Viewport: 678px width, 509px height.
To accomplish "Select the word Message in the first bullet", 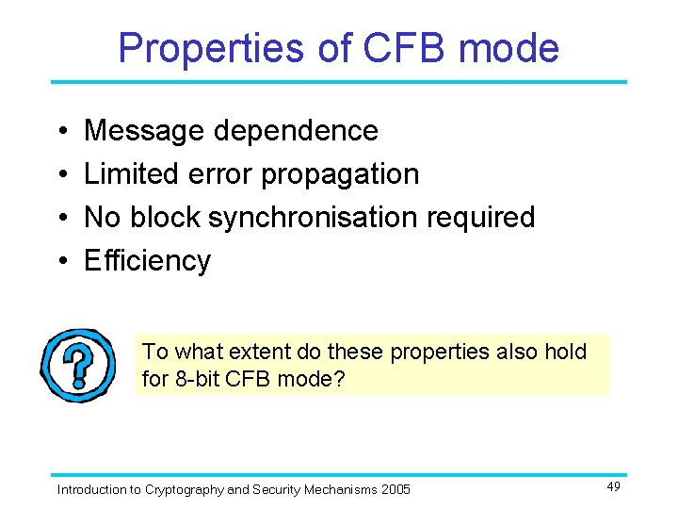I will click(x=145, y=131).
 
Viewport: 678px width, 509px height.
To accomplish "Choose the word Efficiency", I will click(x=147, y=261).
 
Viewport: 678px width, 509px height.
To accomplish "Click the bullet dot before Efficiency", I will click(x=60, y=261).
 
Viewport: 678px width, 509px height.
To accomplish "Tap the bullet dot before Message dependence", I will click(x=60, y=131).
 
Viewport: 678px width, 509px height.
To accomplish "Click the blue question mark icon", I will click(x=80, y=366).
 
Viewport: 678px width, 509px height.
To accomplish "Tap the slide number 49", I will click(x=613, y=486).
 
